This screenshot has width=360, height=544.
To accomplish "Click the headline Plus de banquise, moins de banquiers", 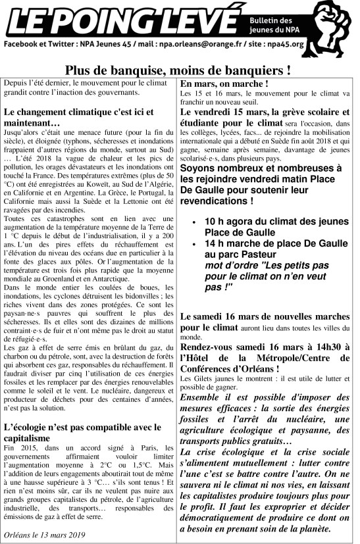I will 178,68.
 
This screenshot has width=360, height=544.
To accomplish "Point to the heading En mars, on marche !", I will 224,84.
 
